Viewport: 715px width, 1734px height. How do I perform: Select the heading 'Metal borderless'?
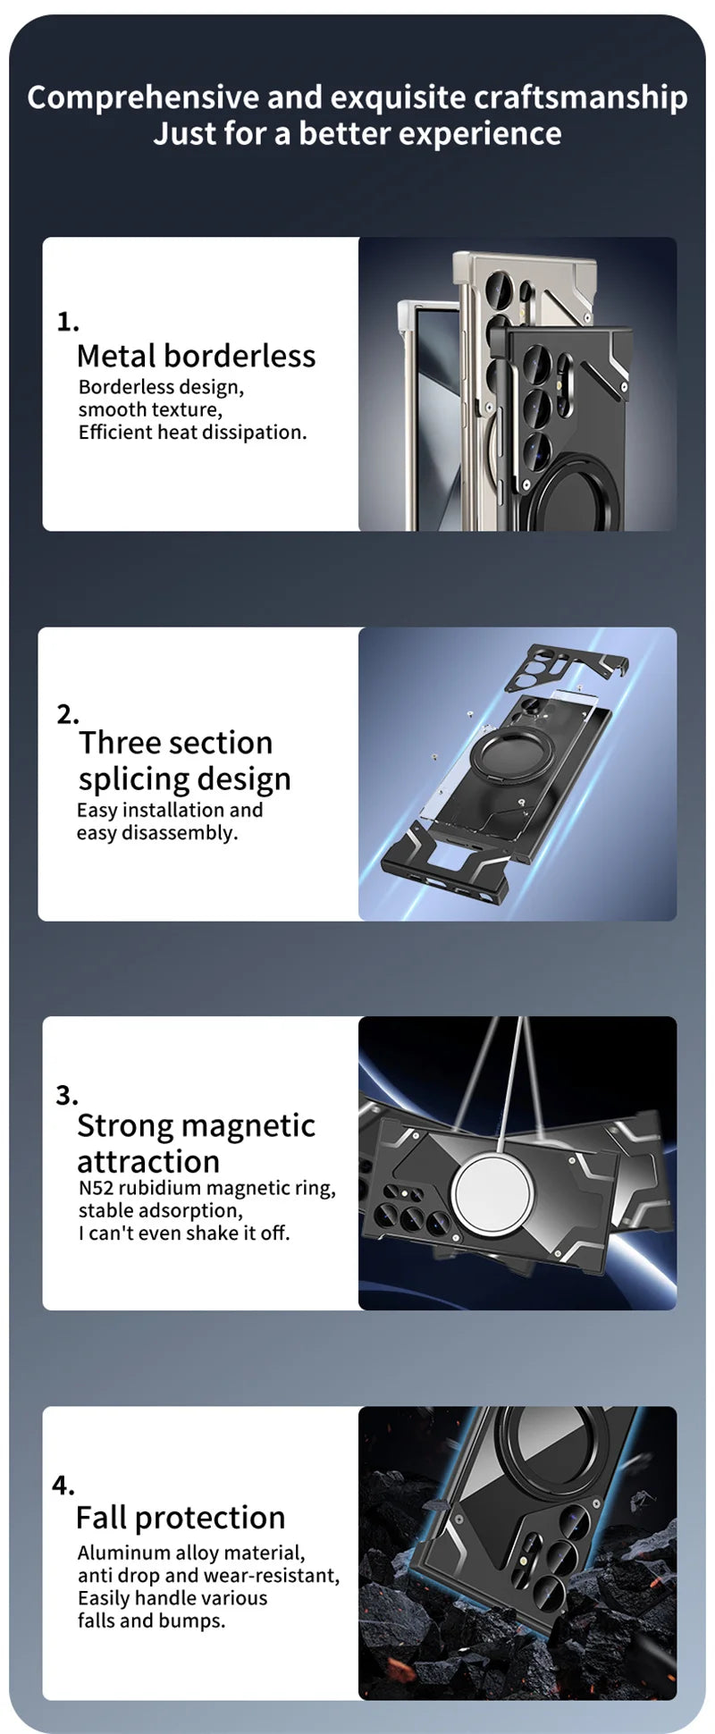196,356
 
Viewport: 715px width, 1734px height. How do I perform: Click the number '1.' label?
68,322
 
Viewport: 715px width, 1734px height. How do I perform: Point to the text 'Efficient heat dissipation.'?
192,433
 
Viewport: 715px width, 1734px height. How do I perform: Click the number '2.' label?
68,714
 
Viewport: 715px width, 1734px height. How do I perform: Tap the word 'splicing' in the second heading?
131,779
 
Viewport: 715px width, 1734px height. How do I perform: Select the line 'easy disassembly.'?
156,833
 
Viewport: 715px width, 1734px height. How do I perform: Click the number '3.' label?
67,1095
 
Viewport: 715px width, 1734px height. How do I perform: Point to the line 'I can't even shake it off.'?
184,1233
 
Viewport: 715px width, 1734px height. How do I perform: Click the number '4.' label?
63,1486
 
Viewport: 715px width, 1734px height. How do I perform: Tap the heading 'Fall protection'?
181,1518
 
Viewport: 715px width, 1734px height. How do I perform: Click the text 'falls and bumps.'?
151,1620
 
